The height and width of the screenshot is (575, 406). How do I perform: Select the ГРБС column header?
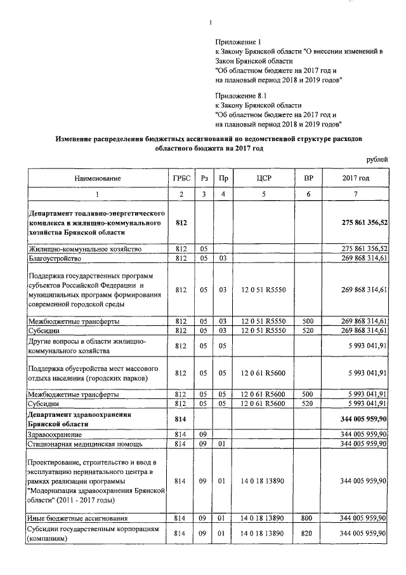pyautogui.click(x=181, y=178)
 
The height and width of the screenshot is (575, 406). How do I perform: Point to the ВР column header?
pyautogui.click(x=308, y=178)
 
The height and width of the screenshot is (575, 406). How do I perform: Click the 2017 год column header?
pyautogui.click(x=355, y=178)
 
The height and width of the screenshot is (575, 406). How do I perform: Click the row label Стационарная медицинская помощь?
pyautogui.click(x=85, y=443)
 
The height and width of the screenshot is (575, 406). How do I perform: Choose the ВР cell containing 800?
pyautogui.click(x=308, y=519)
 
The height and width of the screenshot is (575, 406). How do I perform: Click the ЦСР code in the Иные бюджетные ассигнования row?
pyautogui.click(x=263, y=519)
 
